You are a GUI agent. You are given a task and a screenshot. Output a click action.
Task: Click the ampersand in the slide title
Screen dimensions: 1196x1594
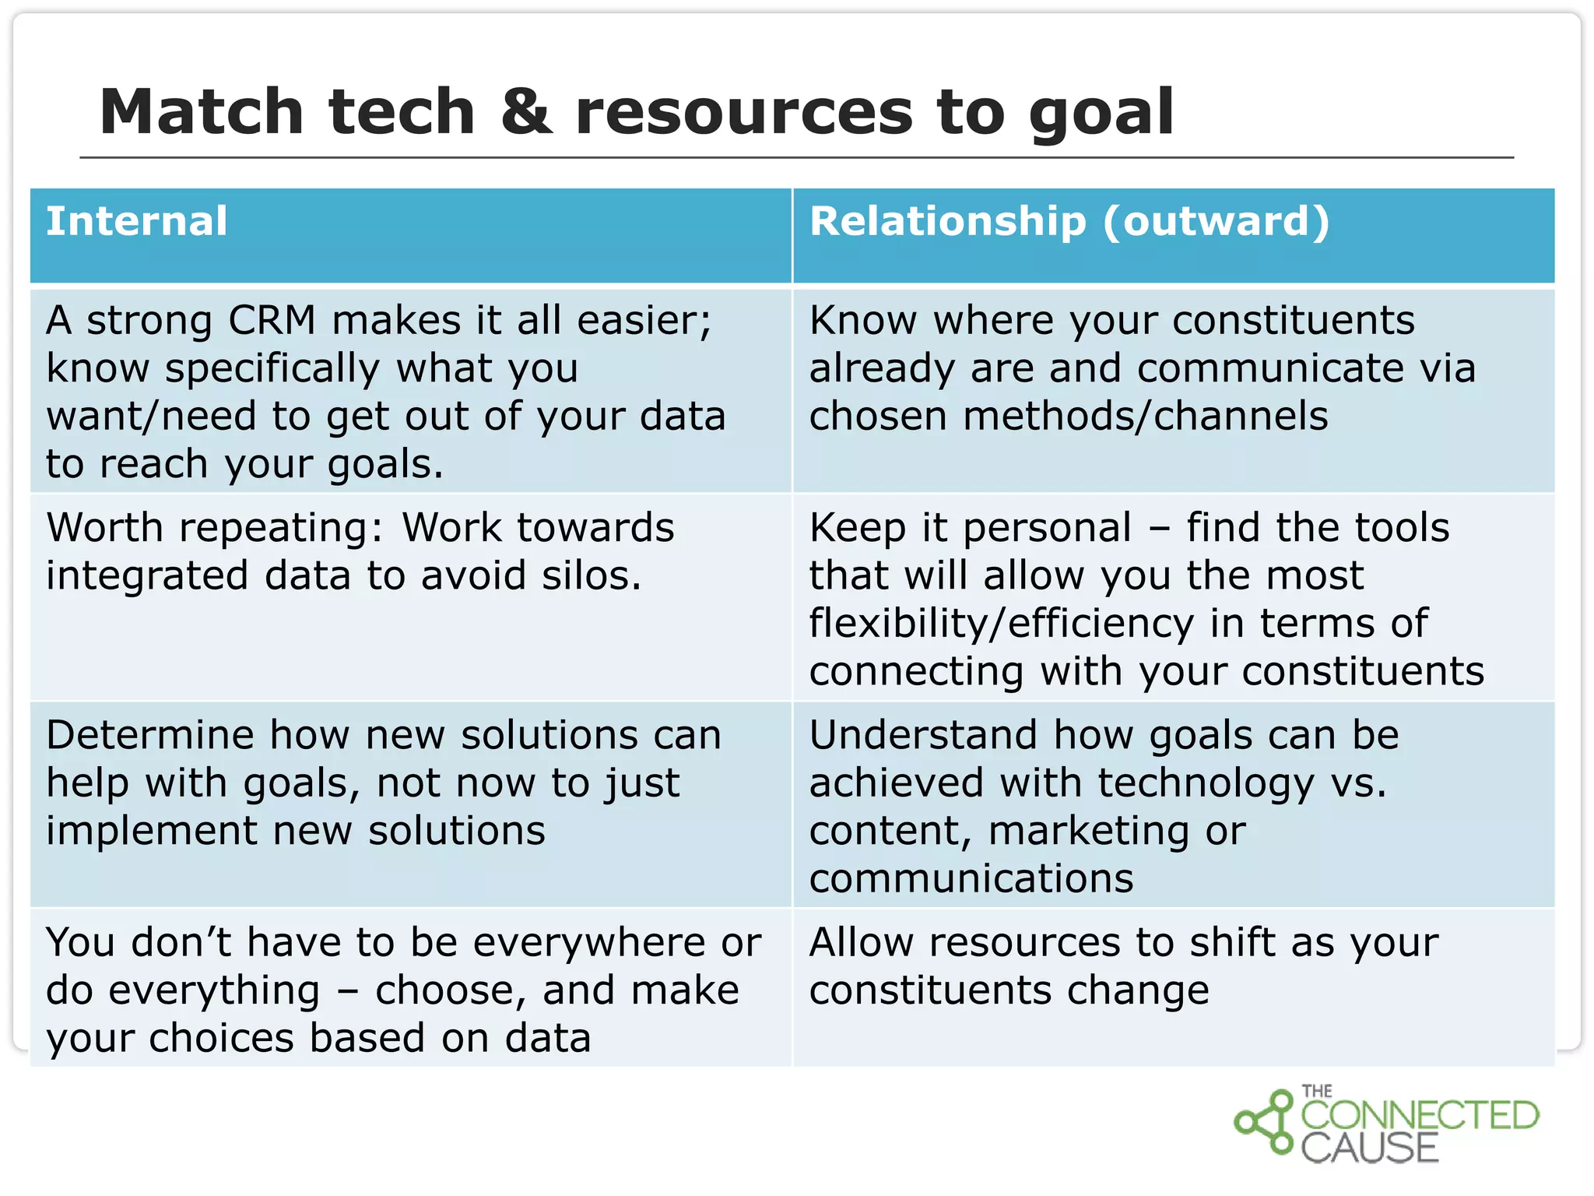526,112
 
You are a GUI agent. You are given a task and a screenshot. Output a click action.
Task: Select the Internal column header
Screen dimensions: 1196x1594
137,221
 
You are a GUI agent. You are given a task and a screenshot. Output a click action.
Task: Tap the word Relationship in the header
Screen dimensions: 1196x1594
947,221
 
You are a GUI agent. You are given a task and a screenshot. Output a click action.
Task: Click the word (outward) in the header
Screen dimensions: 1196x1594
1217,221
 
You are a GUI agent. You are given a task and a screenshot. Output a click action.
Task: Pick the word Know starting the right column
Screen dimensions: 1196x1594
863,320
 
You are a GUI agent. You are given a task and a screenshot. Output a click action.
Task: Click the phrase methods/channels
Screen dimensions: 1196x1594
1145,416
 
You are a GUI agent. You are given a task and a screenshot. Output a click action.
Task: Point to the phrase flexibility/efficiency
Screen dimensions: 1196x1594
1001,624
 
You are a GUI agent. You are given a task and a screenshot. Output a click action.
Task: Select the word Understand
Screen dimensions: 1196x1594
923,735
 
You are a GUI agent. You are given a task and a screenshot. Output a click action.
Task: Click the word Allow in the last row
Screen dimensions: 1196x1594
861,943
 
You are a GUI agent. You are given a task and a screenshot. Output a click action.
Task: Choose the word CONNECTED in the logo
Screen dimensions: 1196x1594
1420,1116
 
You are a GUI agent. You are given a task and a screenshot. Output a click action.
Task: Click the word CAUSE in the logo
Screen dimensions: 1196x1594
1369,1149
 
